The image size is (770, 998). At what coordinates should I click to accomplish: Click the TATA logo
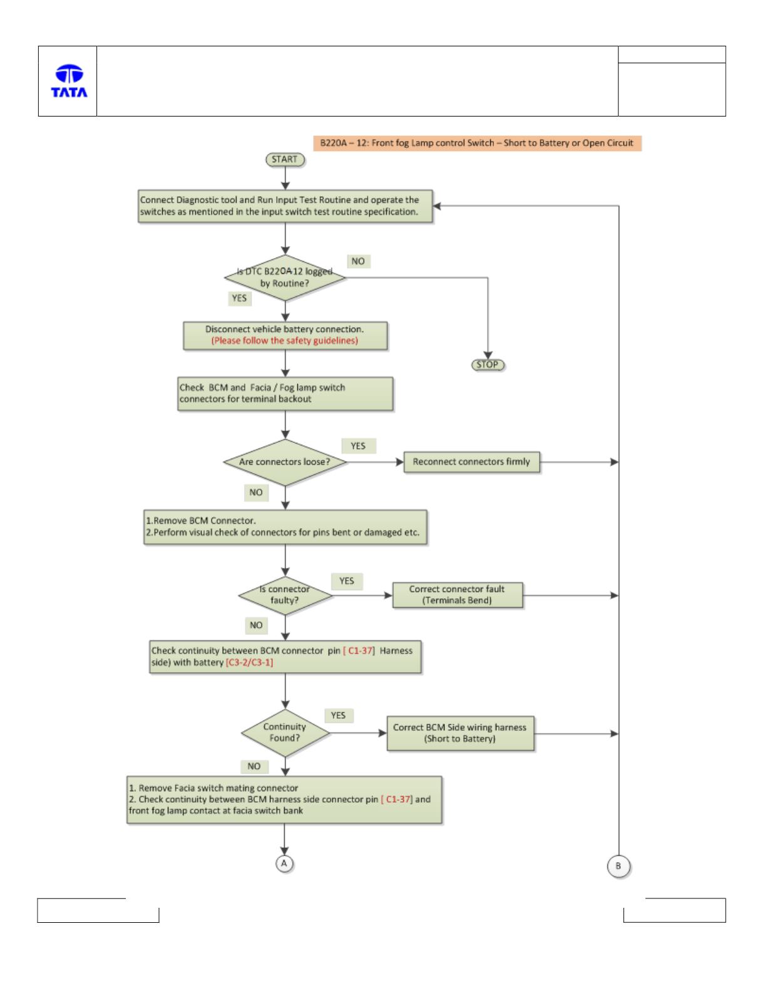click(69, 81)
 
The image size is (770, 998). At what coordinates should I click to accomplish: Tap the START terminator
click(285, 160)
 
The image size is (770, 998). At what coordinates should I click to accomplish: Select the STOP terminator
click(488, 365)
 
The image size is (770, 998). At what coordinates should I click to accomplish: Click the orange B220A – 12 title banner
click(477, 143)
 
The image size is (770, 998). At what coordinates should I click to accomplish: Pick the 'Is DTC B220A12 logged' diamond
click(285, 278)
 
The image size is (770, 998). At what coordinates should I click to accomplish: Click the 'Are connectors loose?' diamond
click(285, 462)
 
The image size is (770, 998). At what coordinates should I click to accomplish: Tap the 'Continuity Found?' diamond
click(285, 733)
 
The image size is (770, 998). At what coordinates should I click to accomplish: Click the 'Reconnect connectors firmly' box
click(472, 462)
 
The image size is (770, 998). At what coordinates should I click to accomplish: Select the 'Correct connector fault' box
click(458, 595)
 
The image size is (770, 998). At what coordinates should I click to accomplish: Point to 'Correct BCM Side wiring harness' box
click(460, 734)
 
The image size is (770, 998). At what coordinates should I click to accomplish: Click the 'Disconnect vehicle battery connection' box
click(285, 336)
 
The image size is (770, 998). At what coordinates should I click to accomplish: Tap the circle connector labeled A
click(284, 864)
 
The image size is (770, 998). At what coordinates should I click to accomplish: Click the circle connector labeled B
click(619, 866)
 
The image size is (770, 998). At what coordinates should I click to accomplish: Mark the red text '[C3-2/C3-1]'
click(250, 663)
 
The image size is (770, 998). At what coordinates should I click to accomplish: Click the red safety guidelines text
click(284, 341)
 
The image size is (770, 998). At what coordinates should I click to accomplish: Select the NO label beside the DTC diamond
click(358, 261)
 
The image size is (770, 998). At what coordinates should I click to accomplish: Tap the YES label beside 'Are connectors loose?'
click(358, 446)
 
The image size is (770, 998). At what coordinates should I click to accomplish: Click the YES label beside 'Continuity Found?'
click(338, 715)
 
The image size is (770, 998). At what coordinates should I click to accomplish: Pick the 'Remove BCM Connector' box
click(285, 527)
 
